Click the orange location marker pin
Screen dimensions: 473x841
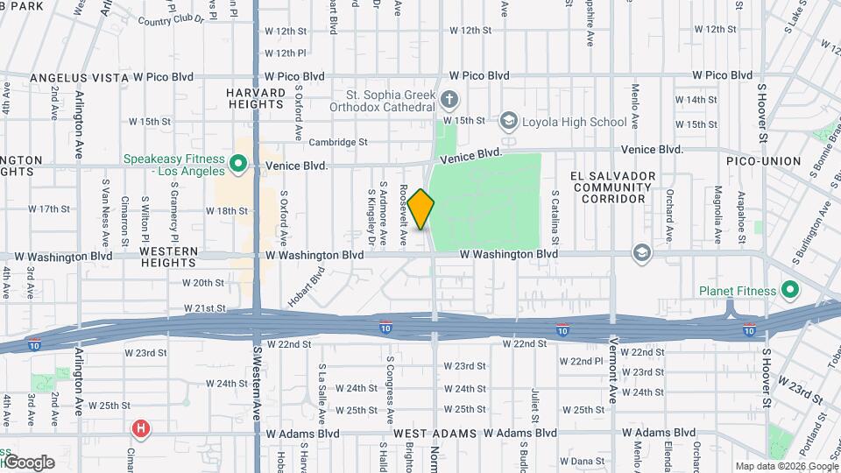pos(421,209)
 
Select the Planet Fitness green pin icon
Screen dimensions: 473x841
pos(789,290)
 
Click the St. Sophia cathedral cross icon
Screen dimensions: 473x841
pos(449,99)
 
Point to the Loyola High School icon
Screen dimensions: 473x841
pos(508,121)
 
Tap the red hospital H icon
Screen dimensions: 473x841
pos(140,429)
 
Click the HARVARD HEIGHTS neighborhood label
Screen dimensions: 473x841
pos(256,99)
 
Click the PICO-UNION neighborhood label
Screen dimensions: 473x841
pos(763,161)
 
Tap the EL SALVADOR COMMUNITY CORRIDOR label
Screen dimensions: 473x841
pos(612,187)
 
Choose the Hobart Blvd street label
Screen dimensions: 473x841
pos(306,289)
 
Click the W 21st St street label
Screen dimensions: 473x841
pos(204,309)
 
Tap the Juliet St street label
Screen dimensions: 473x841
pos(533,402)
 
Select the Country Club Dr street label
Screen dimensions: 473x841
pos(170,19)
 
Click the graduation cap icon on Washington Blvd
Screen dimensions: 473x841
pos(642,253)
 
